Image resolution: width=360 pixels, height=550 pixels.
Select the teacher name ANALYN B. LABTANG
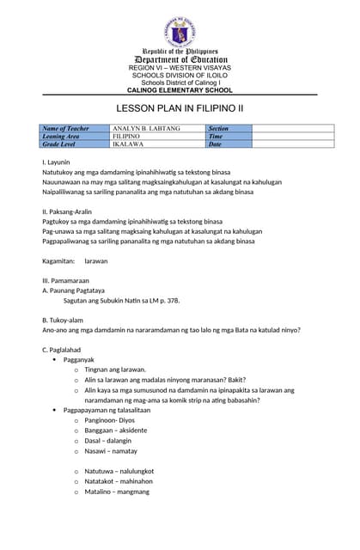click(x=146, y=129)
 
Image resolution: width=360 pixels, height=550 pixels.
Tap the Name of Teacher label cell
click(x=66, y=129)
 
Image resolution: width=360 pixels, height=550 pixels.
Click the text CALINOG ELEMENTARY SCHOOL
click(x=180, y=89)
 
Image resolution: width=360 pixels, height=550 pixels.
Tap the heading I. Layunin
click(x=56, y=162)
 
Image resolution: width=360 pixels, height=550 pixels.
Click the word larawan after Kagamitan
click(x=96, y=260)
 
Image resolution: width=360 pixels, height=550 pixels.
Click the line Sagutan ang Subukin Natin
click(x=121, y=301)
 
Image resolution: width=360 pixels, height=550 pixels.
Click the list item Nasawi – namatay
click(x=113, y=450)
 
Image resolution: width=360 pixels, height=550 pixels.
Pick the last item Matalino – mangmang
click(x=117, y=492)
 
